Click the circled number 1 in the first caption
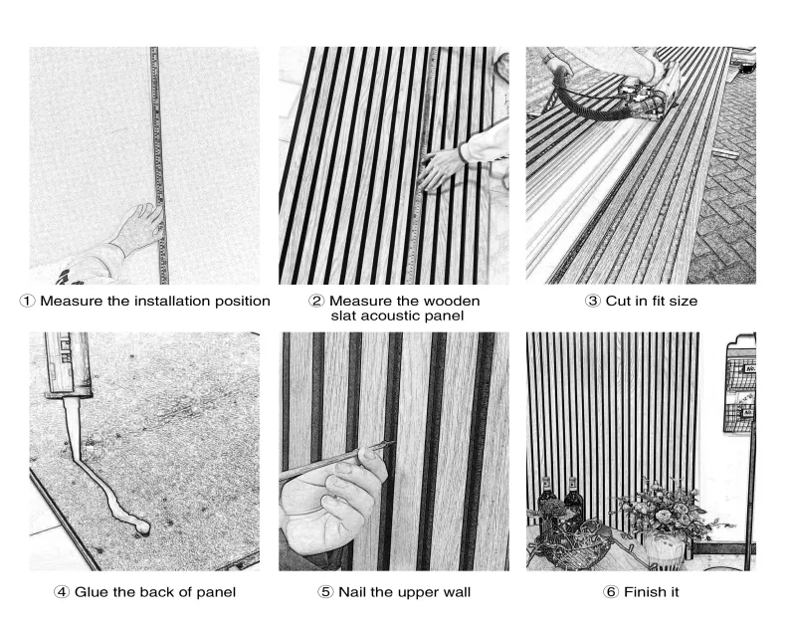point(37,301)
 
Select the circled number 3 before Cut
point(596,301)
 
